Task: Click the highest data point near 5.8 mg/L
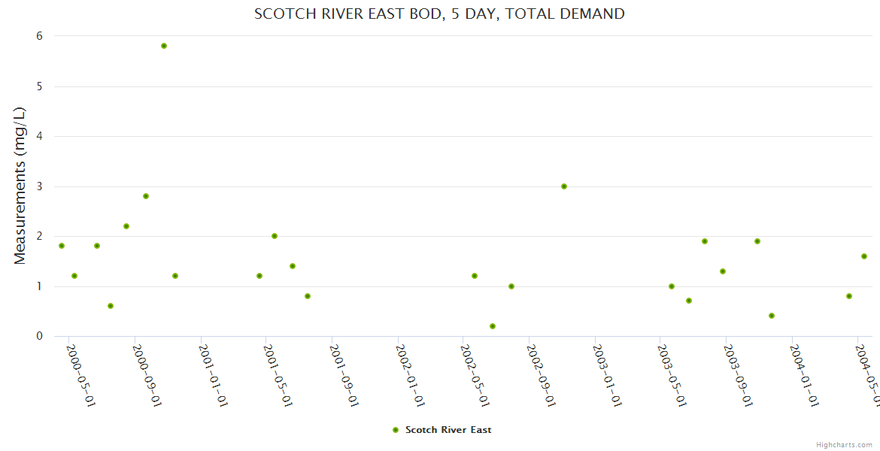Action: click(x=164, y=46)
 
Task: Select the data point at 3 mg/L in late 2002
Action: click(x=564, y=186)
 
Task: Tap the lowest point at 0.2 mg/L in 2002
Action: click(x=493, y=326)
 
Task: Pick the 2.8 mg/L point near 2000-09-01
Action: click(x=146, y=196)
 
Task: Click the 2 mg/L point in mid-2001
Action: click(x=275, y=236)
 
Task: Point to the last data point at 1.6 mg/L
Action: click(x=864, y=256)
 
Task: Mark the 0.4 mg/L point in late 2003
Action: click(x=772, y=316)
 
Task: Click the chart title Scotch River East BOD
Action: click(x=439, y=14)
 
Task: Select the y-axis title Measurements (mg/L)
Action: click(x=20, y=186)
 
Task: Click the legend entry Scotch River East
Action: click(x=448, y=430)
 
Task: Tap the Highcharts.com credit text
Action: click(x=845, y=445)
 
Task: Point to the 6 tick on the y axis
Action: click(x=39, y=36)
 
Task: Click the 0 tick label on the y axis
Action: click(x=39, y=336)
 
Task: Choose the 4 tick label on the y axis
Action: click(x=39, y=136)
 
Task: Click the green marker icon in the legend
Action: click(x=396, y=430)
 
